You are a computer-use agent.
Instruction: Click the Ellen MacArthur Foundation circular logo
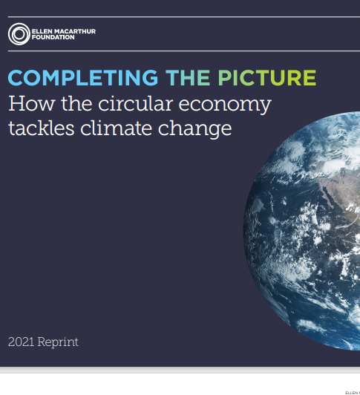pyautogui.click(x=19, y=34)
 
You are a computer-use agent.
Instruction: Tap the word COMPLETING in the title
pyautogui.click(x=83, y=77)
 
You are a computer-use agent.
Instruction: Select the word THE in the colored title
pyautogui.click(x=188, y=77)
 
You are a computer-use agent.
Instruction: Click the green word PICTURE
pyautogui.click(x=266, y=77)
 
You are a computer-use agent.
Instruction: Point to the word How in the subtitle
pyautogui.click(x=31, y=103)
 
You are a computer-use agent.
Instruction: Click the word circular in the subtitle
pyautogui.click(x=136, y=103)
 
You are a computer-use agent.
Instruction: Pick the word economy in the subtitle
pyautogui.click(x=225, y=105)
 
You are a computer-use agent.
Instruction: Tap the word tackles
pyautogui.click(x=42, y=128)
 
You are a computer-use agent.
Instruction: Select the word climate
pyautogui.click(x=116, y=128)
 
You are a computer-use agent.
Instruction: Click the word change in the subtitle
pyautogui.click(x=194, y=129)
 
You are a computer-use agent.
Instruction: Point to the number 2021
pyautogui.click(x=21, y=342)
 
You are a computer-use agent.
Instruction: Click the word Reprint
pyautogui.click(x=58, y=342)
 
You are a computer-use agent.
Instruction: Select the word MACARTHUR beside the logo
pyautogui.click(x=75, y=31)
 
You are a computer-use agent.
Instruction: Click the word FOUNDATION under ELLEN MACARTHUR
pyautogui.click(x=53, y=37)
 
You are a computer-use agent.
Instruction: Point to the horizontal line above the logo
pyautogui.click(x=184, y=17)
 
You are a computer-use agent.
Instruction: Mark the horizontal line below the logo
pyautogui.click(x=184, y=51)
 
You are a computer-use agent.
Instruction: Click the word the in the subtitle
pyautogui.click(x=76, y=103)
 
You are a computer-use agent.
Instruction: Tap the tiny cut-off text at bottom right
pyautogui.click(x=353, y=393)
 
